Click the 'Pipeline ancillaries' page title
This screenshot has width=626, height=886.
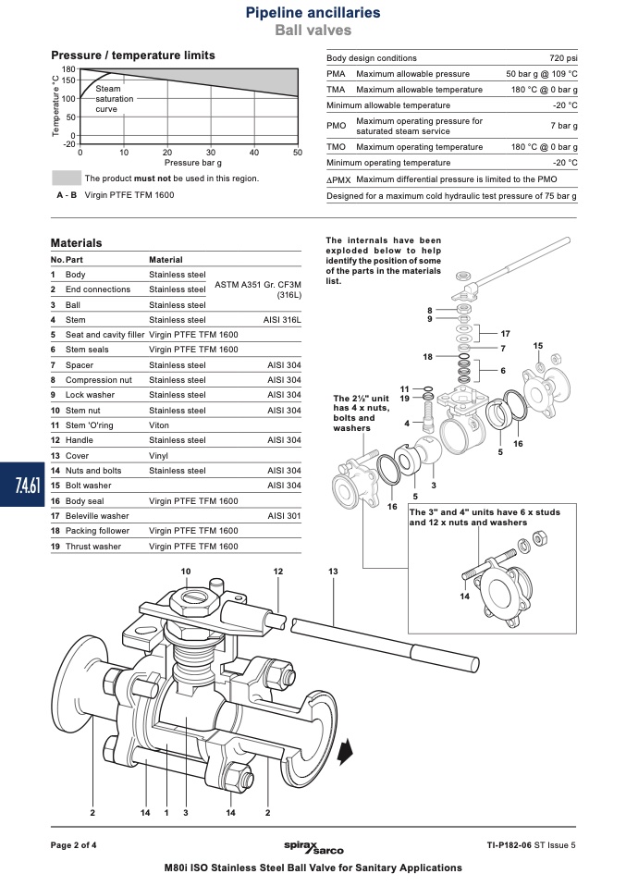pyautogui.click(x=313, y=12)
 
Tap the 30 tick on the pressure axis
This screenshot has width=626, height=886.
pyautogui.click(x=211, y=152)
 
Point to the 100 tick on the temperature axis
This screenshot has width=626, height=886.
pyautogui.click(x=68, y=98)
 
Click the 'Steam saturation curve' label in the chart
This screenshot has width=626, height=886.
pyautogui.click(x=114, y=99)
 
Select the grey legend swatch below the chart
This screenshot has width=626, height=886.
pyautogui.click(x=67, y=178)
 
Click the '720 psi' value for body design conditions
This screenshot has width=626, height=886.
pyautogui.click(x=563, y=58)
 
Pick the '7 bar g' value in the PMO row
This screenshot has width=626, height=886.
pyautogui.click(x=564, y=126)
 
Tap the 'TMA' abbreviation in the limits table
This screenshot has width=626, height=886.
pyautogui.click(x=336, y=90)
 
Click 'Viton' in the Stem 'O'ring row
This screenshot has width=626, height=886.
pyautogui.click(x=159, y=425)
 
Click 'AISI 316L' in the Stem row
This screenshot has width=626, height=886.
pyautogui.click(x=282, y=320)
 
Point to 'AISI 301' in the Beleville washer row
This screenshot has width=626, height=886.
pyautogui.click(x=284, y=516)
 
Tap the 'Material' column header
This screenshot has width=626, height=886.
pyautogui.click(x=166, y=260)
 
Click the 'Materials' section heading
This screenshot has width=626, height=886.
pyautogui.click(x=76, y=243)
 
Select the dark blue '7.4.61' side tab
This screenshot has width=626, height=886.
pyautogui.click(x=22, y=485)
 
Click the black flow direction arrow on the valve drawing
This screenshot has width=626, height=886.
pyautogui.click(x=345, y=753)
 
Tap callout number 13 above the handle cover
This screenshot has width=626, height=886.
pyautogui.click(x=333, y=572)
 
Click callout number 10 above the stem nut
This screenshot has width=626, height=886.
pyautogui.click(x=186, y=572)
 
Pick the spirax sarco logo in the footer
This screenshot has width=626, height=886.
pyautogui.click(x=313, y=847)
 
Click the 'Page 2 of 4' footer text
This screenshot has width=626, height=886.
pyautogui.click(x=73, y=845)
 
